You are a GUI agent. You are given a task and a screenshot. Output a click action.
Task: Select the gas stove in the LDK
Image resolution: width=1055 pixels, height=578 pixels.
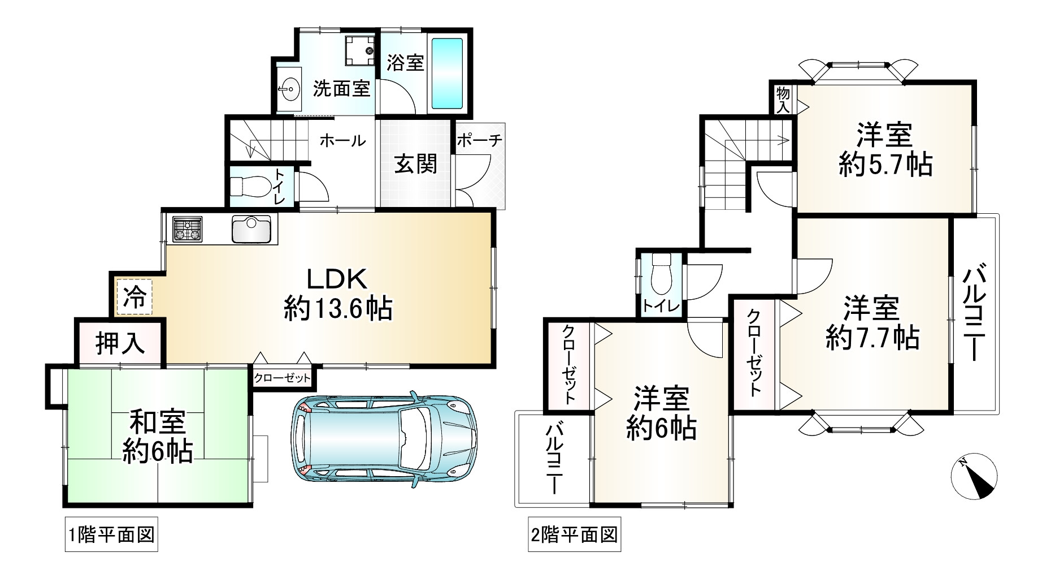pyautogui.click(x=188, y=229)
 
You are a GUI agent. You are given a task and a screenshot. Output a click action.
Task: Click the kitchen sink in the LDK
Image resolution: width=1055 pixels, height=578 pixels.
pyautogui.click(x=251, y=229)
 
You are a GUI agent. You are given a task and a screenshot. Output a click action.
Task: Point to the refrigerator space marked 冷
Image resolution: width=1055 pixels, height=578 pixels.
pyautogui.click(x=134, y=297)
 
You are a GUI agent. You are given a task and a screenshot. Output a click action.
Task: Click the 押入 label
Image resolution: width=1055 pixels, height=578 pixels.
pyautogui.click(x=119, y=343)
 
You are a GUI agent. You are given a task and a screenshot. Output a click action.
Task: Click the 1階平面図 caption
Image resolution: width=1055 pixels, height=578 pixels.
pyautogui.click(x=110, y=534)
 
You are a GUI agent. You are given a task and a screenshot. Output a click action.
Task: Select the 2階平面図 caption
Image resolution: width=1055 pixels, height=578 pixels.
pyautogui.click(x=574, y=534)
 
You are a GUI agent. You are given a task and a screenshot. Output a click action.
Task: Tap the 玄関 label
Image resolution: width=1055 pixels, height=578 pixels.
pyautogui.click(x=415, y=165)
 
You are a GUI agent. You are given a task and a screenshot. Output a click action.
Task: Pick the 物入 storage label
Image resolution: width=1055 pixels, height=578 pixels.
pyautogui.click(x=783, y=100)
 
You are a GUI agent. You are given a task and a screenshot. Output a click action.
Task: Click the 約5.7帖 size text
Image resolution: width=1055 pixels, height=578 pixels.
pyautogui.click(x=884, y=166)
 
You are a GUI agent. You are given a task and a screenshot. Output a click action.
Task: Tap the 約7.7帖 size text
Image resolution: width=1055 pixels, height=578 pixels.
pyautogui.click(x=871, y=338)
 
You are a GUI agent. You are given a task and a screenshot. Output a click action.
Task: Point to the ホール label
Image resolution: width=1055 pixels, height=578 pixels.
pyautogui.click(x=342, y=140)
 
